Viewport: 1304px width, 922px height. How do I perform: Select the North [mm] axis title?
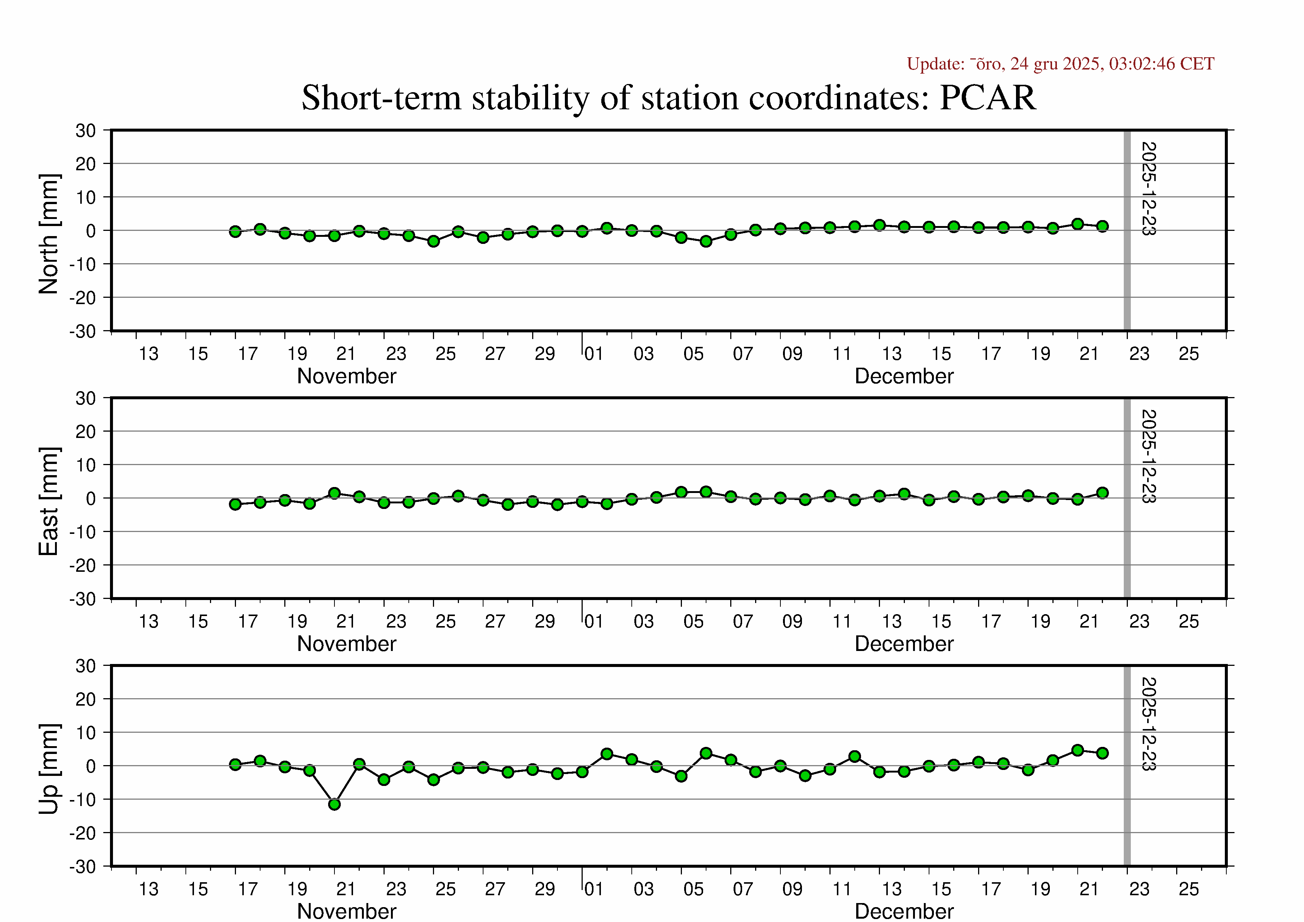click(49, 234)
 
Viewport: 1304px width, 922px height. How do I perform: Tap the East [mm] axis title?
click(49, 501)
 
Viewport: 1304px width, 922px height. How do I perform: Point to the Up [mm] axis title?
click(49, 768)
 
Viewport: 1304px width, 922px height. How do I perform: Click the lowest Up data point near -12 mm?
click(334, 805)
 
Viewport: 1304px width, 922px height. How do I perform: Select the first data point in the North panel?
click(235, 231)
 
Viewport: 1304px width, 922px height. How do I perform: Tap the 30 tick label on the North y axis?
click(86, 130)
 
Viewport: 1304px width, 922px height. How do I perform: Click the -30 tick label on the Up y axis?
click(82, 867)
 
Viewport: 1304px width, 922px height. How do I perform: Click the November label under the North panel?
click(346, 376)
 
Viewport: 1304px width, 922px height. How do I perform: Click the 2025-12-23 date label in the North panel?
click(1148, 188)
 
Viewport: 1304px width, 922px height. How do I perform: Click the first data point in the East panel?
click(235, 504)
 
